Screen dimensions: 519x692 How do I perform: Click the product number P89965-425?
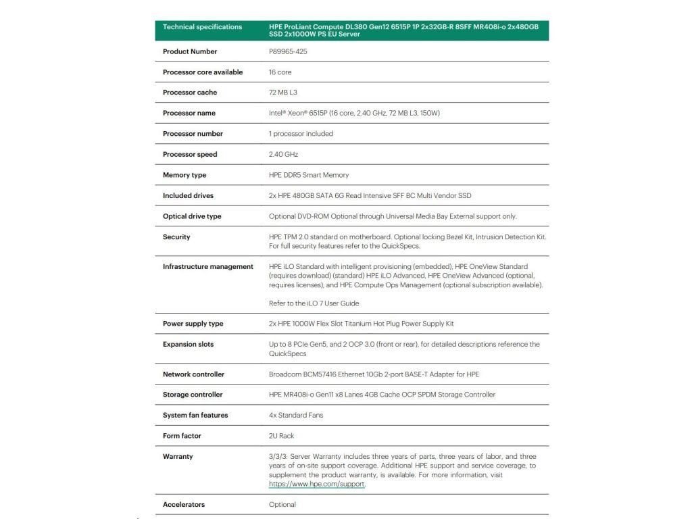[288, 51]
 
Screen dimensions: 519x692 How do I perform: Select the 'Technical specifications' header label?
[202, 27]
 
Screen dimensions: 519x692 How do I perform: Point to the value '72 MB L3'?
[283, 93]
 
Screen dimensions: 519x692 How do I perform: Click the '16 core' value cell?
[280, 72]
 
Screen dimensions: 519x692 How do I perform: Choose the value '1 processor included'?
[301, 134]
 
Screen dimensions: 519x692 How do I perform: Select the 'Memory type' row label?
[184, 175]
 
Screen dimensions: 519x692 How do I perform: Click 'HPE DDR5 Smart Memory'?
[309, 175]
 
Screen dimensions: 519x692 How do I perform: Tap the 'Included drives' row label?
[188, 196]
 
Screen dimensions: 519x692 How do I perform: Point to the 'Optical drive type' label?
[192, 216]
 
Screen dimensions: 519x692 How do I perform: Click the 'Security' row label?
[176, 237]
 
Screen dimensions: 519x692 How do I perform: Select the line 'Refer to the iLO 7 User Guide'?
[314, 303]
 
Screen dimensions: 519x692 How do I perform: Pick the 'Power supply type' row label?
[193, 324]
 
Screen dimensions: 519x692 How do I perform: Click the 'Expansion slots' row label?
[188, 345]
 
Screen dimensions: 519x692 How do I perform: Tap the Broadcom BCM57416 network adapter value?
[374, 374]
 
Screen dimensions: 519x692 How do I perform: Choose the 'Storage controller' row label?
[193, 395]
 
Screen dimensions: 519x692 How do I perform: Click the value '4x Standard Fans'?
[296, 416]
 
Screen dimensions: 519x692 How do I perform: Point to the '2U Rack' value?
[282, 436]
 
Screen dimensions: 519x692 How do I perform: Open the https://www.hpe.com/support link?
[317, 485]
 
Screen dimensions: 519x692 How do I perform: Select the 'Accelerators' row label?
[184, 505]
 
